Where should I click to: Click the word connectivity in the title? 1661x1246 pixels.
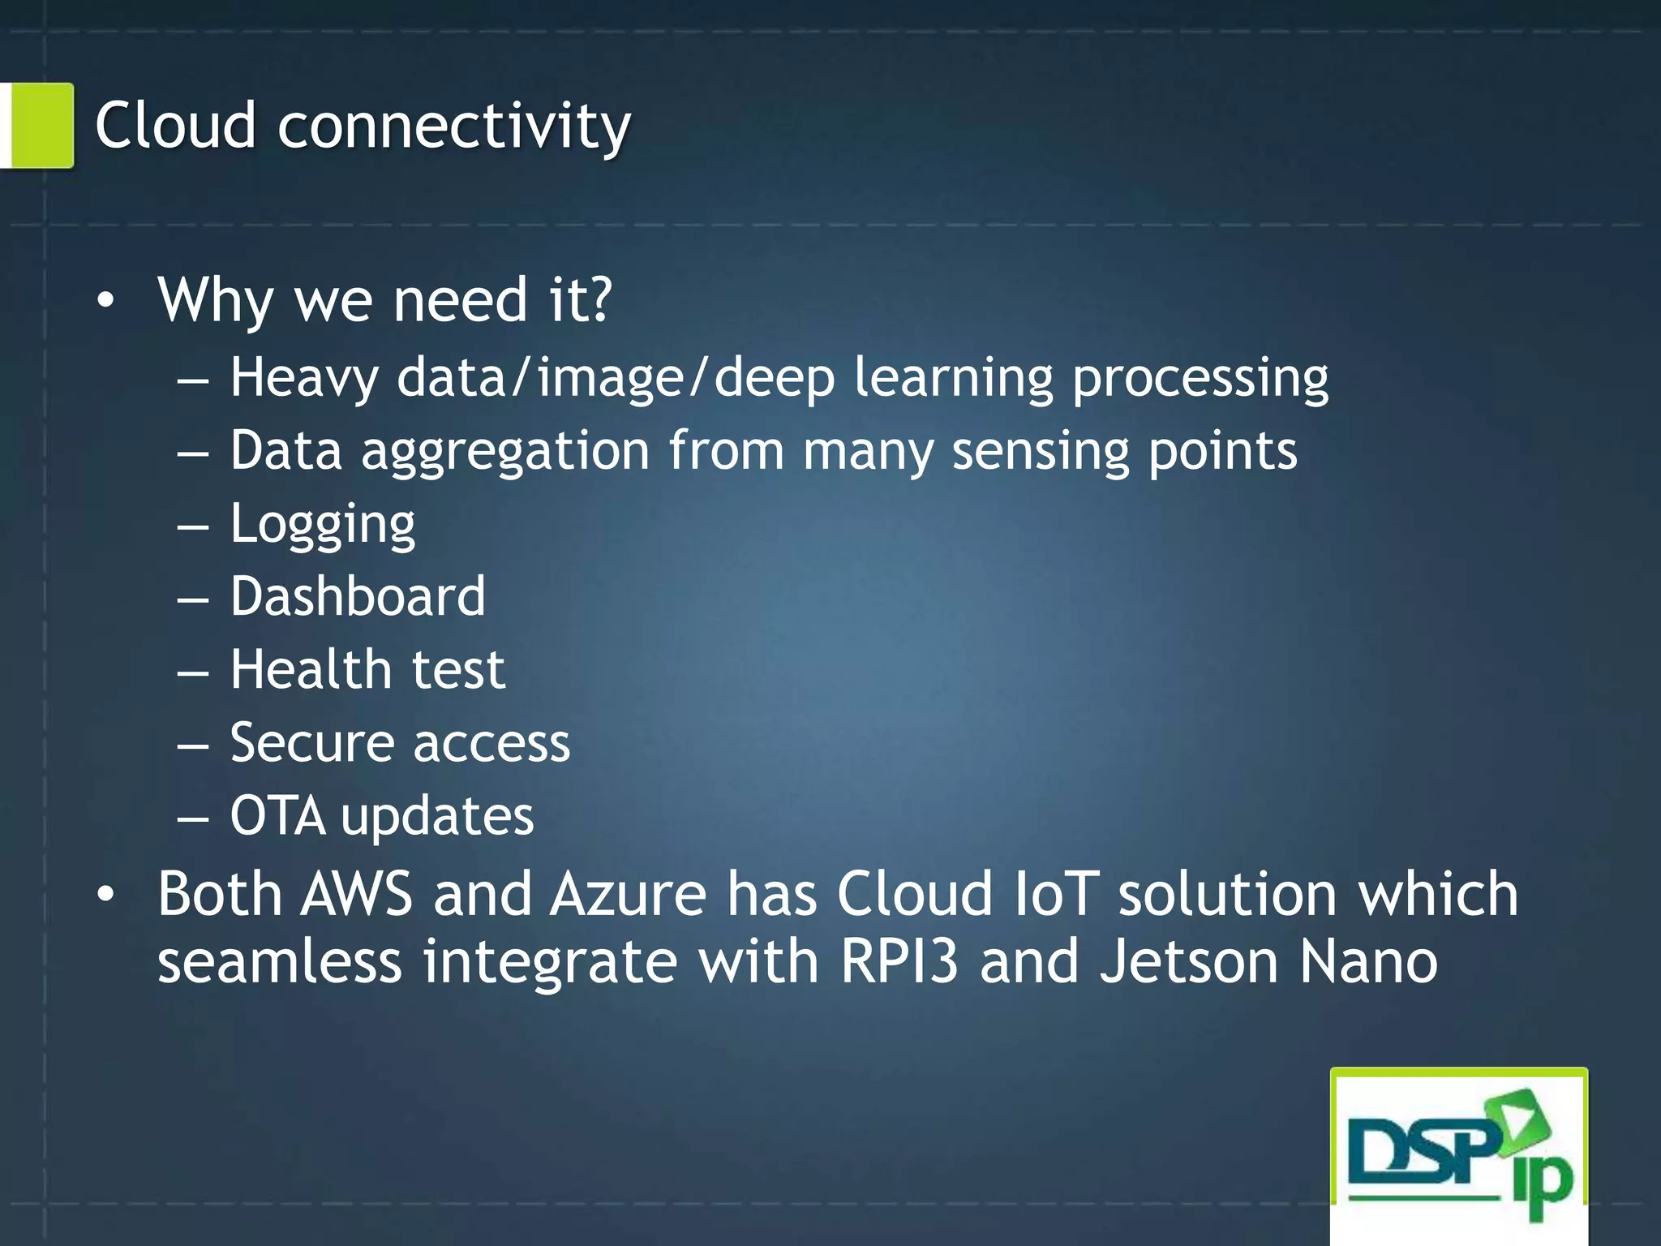454,128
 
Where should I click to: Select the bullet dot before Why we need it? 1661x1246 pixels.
105,302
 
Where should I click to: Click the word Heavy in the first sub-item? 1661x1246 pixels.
304,379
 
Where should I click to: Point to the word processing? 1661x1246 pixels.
1200,379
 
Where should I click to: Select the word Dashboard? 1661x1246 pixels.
358,596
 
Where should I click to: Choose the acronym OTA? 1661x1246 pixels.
278,815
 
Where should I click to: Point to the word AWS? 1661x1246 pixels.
356,894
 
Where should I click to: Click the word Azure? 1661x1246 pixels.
628,894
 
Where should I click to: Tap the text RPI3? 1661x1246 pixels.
899,961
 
